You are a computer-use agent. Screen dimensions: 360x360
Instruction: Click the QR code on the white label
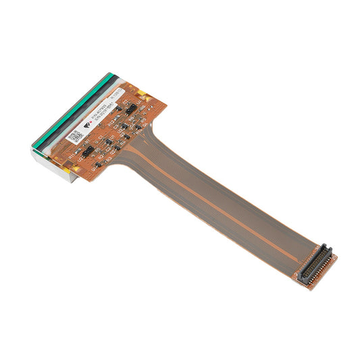point(76,136)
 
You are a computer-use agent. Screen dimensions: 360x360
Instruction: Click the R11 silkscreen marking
point(72,155)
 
